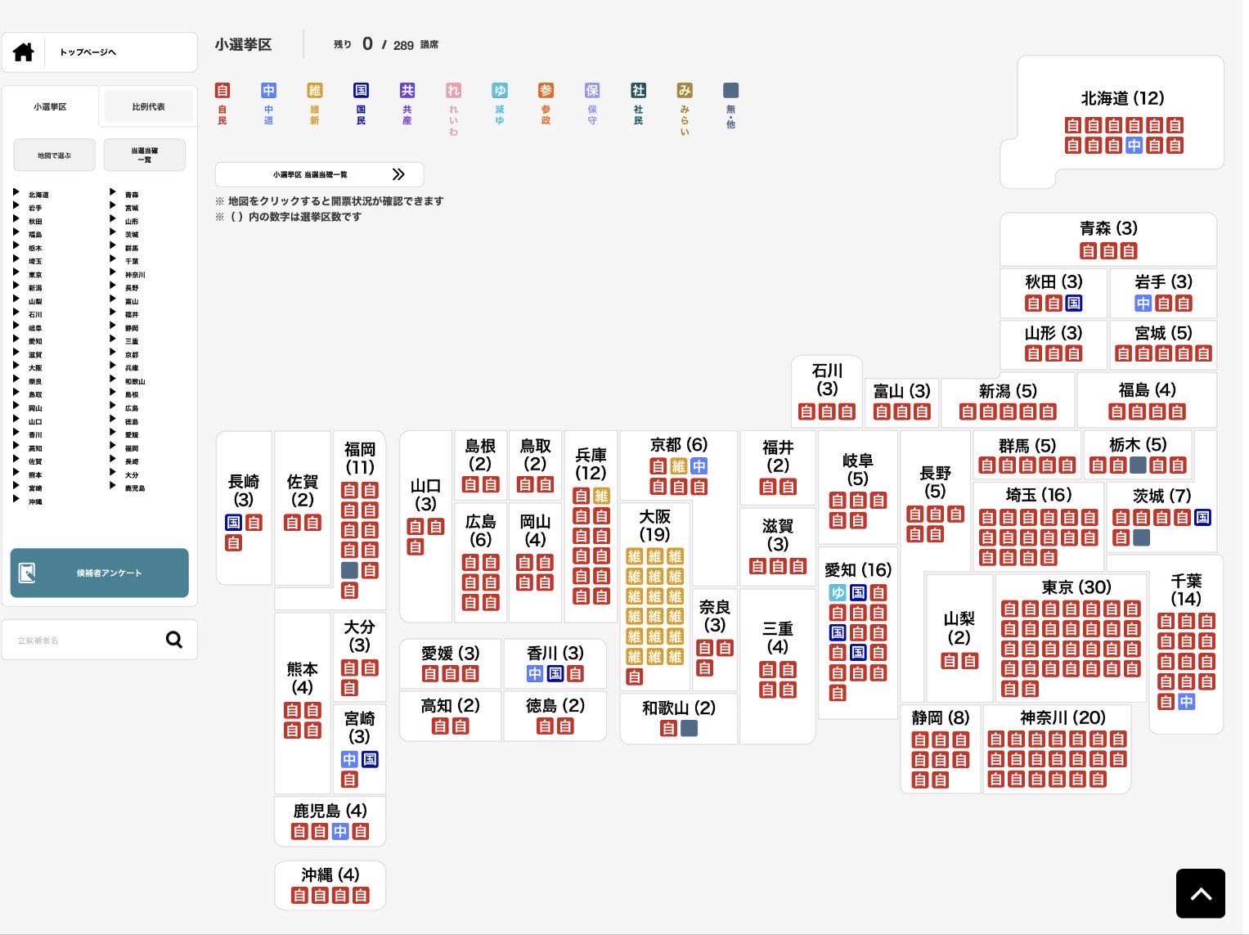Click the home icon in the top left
pos(24,52)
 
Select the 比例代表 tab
pos(148,106)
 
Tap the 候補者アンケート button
pos(99,573)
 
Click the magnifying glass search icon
pos(173,640)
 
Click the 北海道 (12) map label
pos(1122,98)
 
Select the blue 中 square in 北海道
pos(1134,146)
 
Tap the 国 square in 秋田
pos(1073,303)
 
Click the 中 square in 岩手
pos(1143,303)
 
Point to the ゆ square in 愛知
pos(838,593)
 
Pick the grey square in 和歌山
pos(689,728)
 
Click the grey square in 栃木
pos(1138,465)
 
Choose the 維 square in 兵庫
pos(601,496)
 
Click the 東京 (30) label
pos(1076,587)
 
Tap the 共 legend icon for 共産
pos(407,91)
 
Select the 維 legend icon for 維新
pos(315,91)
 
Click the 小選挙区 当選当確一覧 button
pos(319,174)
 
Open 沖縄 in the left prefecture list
pos(35,501)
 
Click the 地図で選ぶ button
pos(54,155)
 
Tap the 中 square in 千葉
pos(1186,702)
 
